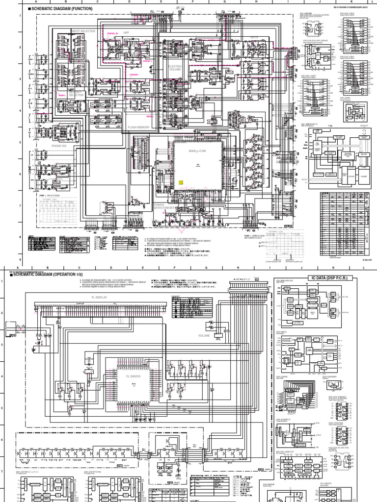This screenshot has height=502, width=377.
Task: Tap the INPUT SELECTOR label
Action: click(x=83, y=31)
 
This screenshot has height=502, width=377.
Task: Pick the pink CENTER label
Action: click(x=134, y=75)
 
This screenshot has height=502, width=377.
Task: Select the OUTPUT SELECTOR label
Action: click(x=77, y=93)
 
